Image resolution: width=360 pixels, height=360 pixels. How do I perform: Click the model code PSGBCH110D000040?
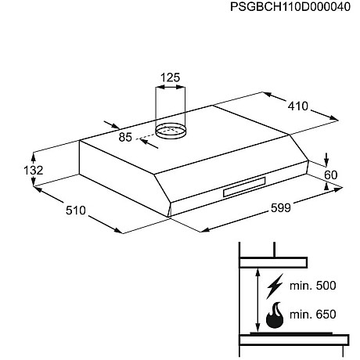click(x=290, y=7)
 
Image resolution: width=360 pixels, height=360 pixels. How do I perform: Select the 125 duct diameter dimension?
click(x=170, y=77)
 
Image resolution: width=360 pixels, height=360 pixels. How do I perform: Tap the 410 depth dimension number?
click(x=298, y=106)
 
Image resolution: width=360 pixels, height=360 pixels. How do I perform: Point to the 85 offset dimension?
click(x=125, y=137)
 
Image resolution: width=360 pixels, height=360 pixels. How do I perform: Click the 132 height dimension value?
click(x=33, y=171)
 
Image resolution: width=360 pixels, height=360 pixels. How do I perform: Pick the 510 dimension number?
click(x=76, y=211)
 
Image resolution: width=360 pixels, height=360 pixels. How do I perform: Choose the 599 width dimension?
click(x=281, y=208)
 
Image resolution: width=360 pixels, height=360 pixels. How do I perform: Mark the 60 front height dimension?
click(x=331, y=175)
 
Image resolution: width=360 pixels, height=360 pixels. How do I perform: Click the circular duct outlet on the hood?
click(x=171, y=130)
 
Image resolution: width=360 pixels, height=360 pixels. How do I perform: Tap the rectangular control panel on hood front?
click(x=244, y=187)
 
